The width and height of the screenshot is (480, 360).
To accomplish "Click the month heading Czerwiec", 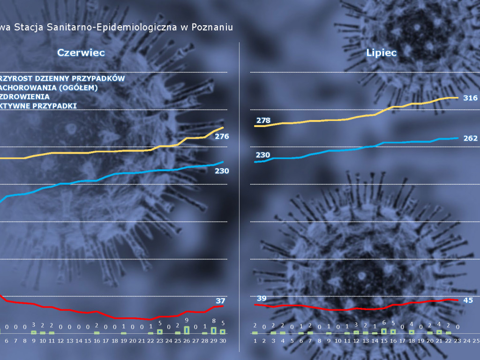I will pos(81,52).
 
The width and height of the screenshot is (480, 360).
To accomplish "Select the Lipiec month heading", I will pos(381,52).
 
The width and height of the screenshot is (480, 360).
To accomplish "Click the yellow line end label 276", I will pos(222,136).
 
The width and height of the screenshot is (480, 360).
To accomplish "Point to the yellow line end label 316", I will pos(470,98).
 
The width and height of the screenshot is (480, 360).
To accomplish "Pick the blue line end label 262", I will pos(470,138).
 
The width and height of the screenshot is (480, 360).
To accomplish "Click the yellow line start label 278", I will pos(263,120).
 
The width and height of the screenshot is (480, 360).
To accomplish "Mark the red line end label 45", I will pos(468,300).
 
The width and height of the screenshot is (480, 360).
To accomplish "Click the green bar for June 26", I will pos(187,330).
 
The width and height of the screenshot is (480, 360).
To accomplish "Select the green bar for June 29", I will pos(214,330).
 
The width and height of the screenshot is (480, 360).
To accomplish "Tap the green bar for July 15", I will pos(384,331).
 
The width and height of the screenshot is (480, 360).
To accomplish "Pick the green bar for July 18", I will pos(412,332).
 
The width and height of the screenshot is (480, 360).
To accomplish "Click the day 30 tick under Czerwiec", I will pos(223,341).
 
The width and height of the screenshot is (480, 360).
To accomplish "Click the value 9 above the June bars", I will pos(187,320).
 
